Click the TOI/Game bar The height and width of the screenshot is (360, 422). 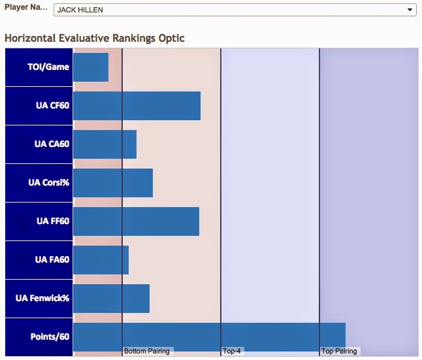[91, 67]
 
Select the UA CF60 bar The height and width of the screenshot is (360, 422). [137, 106]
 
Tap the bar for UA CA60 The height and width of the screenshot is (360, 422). [105, 144]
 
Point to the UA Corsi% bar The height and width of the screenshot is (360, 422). [113, 183]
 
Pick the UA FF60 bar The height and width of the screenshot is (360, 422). [136, 221]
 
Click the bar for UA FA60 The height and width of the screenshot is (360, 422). [101, 260]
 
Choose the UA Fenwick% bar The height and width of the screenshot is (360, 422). [111, 299]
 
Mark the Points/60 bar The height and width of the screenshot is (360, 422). [209, 337]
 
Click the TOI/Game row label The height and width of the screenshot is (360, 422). [48, 67]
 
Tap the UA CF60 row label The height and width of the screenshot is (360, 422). [53, 105]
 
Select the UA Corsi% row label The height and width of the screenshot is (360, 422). [49, 182]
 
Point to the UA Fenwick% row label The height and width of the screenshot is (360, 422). [42, 298]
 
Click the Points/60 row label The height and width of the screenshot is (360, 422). [50, 336]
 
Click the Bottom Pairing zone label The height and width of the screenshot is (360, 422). [147, 351]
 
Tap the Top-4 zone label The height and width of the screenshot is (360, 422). [232, 351]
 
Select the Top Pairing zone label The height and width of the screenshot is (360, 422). [339, 351]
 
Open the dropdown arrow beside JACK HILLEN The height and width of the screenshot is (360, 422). [410, 10]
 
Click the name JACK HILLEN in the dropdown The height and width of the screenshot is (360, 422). [80, 10]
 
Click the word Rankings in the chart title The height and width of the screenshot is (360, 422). [134, 39]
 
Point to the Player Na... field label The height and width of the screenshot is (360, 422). [26, 7]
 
